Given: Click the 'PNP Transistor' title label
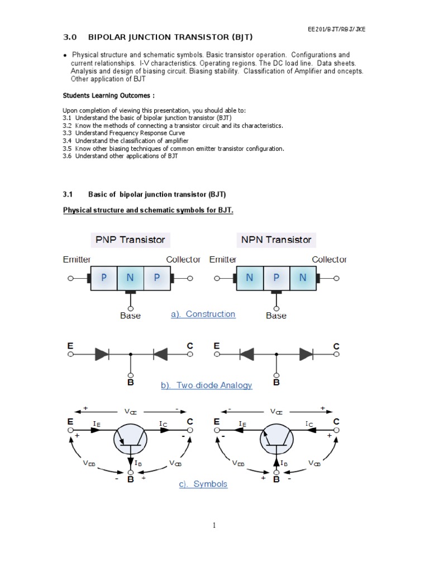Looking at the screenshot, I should (x=130, y=240).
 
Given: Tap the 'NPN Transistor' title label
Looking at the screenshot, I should (x=276, y=240).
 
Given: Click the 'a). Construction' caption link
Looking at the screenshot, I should (x=203, y=314).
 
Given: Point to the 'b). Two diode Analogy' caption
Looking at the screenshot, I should (x=206, y=385).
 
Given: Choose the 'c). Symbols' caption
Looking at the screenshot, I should (x=203, y=484).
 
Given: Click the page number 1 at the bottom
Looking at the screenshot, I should (x=214, y=525).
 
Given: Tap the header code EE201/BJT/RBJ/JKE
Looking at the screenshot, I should (x=336, y=29).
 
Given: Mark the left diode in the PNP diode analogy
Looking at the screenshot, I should (x=102, y=354).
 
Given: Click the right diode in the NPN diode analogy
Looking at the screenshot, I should (x=306, y=354).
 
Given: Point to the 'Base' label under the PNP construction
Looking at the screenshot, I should (x=130, y=316).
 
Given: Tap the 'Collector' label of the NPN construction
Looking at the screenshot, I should (x=329, y=260).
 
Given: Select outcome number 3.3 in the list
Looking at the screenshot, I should (x=68, y=134).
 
